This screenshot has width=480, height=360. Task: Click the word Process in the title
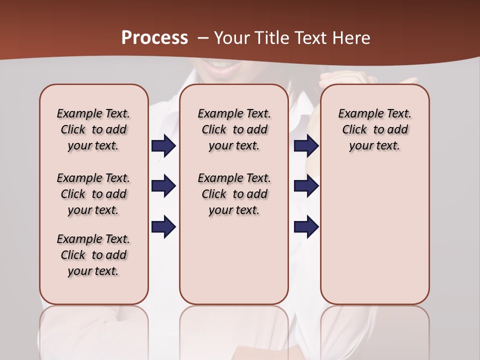click(x=154, y=37)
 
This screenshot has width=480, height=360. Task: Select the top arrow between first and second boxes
click(x=163, y=146)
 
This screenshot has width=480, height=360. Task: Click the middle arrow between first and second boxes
click(x=163, y=186)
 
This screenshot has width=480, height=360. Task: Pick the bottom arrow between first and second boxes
click(x=163, y=226)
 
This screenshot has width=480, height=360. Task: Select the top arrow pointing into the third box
click(x=306, y=146)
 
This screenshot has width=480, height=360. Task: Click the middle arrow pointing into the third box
click(x=306, y=186)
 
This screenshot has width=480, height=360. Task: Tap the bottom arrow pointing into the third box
click(x=306, y=226)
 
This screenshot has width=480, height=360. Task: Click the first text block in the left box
click(x=93, y=129)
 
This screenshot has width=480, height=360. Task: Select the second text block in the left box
click(x=93, y=194)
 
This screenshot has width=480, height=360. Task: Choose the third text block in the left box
click(x=93, y=255)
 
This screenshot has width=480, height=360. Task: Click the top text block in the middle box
click(x=234, y=129)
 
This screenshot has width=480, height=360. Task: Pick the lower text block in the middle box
click(x=234, y=194)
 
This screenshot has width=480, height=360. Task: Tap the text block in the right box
click(x=374, y=129)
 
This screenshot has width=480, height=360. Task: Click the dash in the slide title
click(x=202, y=38)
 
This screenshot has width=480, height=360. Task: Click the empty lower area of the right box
click(x=374, y=240)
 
